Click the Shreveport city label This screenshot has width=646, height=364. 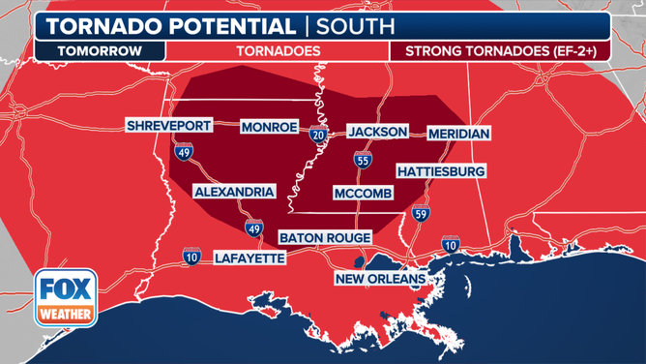(167, 127)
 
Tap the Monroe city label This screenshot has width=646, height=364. (271, 127)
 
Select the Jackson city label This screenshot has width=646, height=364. (378, 132)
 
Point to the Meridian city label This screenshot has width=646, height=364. (459, 133)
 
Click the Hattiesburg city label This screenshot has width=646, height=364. (440, 171)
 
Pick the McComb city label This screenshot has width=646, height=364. (363, 193)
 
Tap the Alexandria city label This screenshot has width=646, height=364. (234, 192)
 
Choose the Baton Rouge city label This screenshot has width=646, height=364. (325, 237)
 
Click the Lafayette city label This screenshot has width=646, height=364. (250, 258)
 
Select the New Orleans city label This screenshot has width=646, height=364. (380, 279)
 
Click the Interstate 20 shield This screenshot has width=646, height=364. (319, 136)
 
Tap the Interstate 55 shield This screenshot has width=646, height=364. (363, 161)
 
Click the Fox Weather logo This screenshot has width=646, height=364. (66, 299)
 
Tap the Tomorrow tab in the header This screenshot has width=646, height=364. (100, 50)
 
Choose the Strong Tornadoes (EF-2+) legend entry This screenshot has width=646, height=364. (500, 50)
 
